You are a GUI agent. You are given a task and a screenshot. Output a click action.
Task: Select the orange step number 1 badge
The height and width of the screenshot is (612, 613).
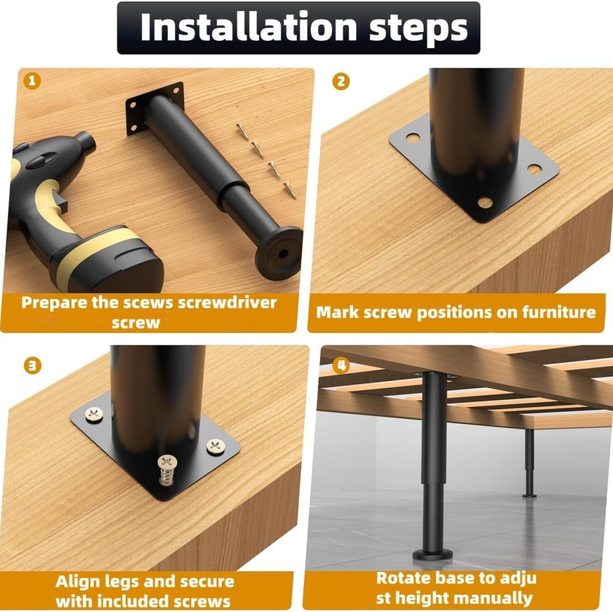click(x=32, y=81)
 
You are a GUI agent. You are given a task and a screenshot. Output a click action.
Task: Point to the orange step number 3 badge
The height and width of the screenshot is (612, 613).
click(x=33, y=366)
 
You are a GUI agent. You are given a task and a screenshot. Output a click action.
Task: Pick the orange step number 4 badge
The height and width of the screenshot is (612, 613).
click(x=341, y=365)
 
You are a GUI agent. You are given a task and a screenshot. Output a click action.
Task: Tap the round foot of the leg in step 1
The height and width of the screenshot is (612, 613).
click(x=279, y=253)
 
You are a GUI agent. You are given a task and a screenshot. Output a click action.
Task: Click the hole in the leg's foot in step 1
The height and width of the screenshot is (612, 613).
click(x=283, y=254)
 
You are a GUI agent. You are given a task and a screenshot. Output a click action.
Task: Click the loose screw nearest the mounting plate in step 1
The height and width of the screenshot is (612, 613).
click(x=243, y=131)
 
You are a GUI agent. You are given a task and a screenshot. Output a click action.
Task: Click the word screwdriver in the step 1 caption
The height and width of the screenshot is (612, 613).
click(x=227, y=303)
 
